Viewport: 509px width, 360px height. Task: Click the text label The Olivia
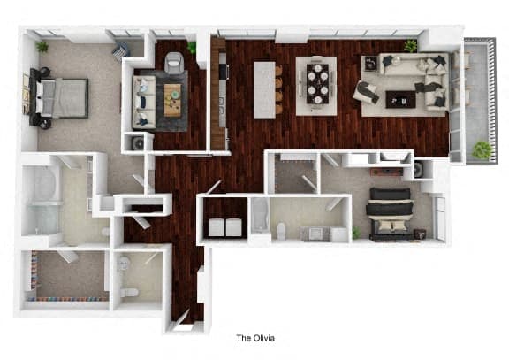tap(256, 337)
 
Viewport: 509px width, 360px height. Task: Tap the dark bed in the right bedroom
tap(389, 213)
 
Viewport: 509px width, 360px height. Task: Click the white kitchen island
tap(264, 88)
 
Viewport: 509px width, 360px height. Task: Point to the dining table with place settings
tap(316, 85)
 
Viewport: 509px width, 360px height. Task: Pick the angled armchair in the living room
tap(366, 92)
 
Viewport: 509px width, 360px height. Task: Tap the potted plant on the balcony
tap(482, 150)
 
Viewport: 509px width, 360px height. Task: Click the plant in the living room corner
tap(410, 45)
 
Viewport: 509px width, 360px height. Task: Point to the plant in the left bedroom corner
tap(42, 45)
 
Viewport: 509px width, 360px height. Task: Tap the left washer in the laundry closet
tap(215, 227)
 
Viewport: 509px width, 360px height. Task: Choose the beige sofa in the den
tap(145, 100)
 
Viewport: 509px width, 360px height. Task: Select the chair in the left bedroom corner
tap(120, 51)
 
